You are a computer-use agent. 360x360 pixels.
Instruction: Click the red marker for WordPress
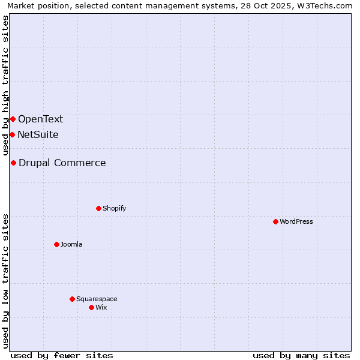[x=275, y=221]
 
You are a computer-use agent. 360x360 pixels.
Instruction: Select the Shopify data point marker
[x=98, y=208]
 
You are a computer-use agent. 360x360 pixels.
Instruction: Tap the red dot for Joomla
[x=56, y=244]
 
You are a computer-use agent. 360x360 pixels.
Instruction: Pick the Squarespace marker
[x=72, y=299]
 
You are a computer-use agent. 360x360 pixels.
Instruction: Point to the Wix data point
[x=91, y=307]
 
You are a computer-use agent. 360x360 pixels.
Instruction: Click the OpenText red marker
[x=13, y=119]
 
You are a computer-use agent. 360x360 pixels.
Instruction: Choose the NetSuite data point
[x=12, y=134]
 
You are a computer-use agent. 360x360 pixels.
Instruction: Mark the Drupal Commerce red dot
[x=13, y=163]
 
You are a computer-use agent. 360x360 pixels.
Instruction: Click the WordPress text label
[x=296, y=221]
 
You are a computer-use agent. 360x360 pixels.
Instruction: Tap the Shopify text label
[x=114, y=208]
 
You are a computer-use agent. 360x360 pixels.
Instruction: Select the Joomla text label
[x=71, y=244]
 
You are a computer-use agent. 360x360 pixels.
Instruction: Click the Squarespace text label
[x=97, y=299]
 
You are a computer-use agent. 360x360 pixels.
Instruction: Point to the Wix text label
[x=101, y=307]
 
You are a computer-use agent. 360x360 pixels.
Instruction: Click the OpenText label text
[x=40, y=119]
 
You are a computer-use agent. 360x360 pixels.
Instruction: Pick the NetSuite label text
[x=38, y=134]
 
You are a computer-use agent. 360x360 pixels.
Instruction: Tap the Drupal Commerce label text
[x=62, y=163]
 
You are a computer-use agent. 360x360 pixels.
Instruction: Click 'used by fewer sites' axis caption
[x=62, y=355]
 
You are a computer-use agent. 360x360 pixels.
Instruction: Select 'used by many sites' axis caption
[x=301, y=355]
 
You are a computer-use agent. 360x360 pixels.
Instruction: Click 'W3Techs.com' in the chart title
[x=327, y=6]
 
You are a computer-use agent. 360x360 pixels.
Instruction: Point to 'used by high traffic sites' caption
[x=5, y=84]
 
